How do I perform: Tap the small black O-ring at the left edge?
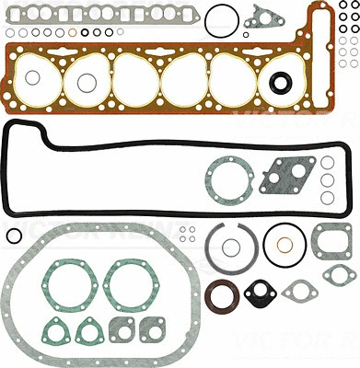click(x=11, y=236)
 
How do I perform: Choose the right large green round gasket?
click(x=123, y=280)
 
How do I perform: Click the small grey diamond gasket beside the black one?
click(x=299, y=293)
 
